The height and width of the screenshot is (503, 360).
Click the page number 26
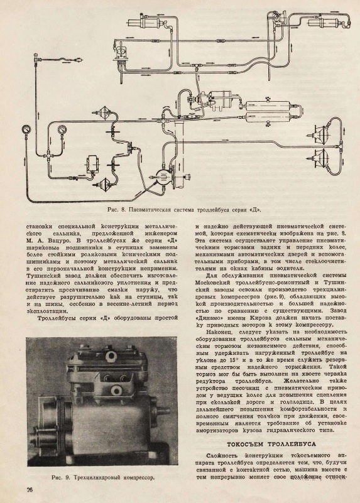tap(29, 490)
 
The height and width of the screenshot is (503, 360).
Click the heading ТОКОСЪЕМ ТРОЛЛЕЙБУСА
tap(271, 444)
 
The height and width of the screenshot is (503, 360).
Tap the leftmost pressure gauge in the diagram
tap(25, 130)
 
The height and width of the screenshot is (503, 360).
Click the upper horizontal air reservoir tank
tap(268, 105)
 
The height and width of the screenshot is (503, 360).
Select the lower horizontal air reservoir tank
tap(268, 117)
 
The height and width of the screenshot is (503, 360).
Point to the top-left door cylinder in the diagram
tap(145, 23)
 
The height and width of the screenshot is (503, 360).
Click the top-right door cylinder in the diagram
tap(325, 24)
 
